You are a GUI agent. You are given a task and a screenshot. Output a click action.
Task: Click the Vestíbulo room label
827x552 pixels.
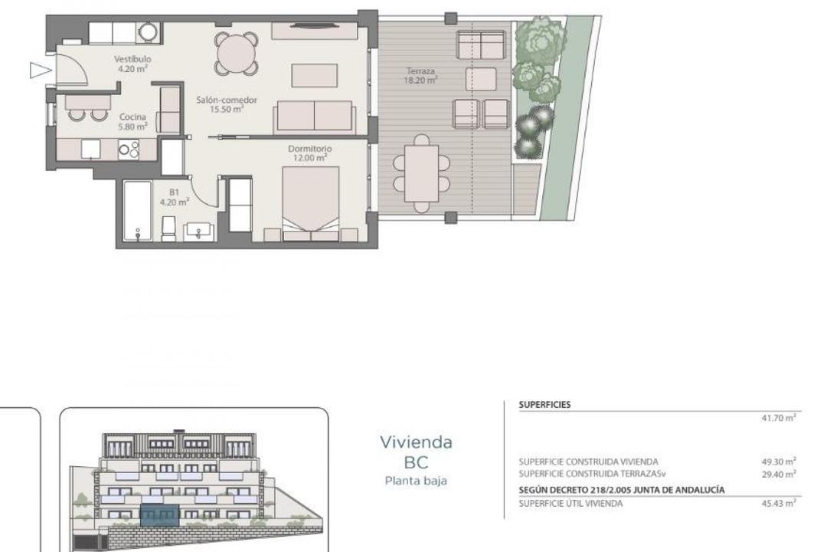tap(132, 64)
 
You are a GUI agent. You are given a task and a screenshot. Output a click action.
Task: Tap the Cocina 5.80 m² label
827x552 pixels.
tap(132, 122)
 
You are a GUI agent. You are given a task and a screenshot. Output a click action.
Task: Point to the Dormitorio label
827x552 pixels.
tap(309, 153)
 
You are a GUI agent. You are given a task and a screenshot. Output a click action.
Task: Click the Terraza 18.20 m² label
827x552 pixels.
tap(421, 74)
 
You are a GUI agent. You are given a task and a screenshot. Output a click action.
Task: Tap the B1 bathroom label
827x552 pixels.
tap(174, 198)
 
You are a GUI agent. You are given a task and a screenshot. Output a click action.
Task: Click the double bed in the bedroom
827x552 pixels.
tap(311, 203)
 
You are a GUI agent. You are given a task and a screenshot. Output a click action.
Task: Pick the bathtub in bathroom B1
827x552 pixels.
tap(138, 212)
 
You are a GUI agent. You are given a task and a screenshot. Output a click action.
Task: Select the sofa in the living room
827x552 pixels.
tap(314, 117)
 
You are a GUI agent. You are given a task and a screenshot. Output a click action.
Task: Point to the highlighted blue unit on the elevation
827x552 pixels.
tap(159, 514)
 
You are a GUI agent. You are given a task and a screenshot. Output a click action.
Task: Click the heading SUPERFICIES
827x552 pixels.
tap(544, 405)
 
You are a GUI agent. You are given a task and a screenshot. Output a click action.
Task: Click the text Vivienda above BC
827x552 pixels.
tap(416, 442)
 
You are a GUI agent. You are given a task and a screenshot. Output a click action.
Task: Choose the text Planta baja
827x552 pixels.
tap(416, 481)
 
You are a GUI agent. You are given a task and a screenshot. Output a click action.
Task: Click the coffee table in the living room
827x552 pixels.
tap(314, 75)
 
